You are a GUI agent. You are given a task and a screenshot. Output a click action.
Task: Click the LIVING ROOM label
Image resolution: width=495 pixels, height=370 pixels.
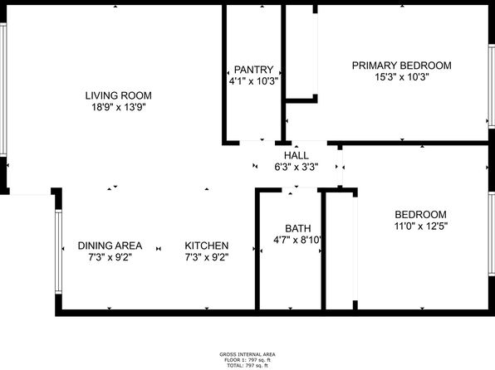[119, 95]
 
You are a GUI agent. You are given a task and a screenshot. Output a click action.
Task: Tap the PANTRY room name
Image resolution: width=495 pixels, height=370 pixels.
[253, 70]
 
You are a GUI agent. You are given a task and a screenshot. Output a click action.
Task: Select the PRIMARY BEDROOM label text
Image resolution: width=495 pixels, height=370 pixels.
[401, 66]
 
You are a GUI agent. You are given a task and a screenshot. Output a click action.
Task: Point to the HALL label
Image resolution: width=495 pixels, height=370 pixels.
[297, 155]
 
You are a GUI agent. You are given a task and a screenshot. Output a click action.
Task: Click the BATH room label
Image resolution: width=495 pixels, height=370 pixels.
[297, 228]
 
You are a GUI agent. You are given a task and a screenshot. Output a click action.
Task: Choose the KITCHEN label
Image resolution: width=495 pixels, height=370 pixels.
[207, 246]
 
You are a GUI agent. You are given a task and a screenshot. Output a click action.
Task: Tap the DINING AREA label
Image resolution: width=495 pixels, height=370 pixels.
[110, 246]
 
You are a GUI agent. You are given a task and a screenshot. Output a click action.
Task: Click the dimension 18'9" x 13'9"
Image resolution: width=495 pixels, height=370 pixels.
[119, 107]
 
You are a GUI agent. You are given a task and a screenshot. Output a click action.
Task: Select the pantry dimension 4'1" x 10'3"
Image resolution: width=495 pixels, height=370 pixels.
[253, 81]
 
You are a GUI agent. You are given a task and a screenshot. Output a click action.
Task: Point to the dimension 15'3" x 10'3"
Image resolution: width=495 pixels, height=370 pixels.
[401, 77]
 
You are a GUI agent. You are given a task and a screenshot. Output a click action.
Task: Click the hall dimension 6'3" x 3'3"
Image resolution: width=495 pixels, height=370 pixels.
[297, 167]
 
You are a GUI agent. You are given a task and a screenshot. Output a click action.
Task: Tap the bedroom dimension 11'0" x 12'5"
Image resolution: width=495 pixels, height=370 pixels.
[421, 226]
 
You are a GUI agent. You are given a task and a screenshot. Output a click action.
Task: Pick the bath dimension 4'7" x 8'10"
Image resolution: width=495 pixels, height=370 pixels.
[297, 240]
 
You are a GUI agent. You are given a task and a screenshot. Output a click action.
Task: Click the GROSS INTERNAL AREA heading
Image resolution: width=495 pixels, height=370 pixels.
[247, 354]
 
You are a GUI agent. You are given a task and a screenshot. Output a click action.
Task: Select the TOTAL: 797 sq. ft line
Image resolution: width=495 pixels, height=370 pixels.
[247, 366]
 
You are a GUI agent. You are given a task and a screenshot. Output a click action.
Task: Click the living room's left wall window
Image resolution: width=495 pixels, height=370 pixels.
[3, 90]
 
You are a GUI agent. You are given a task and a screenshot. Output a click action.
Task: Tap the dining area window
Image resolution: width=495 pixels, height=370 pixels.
[58, 251]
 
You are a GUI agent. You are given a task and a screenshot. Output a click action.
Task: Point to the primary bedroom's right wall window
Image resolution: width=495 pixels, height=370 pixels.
[492, 86]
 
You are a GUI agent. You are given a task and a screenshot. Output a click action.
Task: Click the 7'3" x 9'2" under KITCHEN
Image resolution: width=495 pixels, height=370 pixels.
[207, 257]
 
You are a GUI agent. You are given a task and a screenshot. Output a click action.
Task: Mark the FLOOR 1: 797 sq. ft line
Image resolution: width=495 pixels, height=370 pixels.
[247, 360]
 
